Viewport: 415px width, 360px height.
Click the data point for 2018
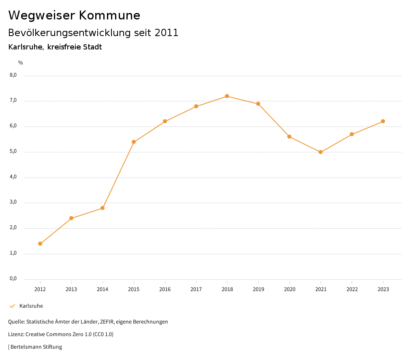pos(227,96)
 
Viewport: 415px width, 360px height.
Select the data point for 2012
pos(40,244)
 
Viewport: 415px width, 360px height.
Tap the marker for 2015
pos(134,142)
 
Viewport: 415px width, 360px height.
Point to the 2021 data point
pos(321,152)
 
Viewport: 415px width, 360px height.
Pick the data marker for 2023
pos(383,121)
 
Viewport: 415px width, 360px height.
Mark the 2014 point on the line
pos(103,208)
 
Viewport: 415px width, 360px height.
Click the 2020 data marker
pos(289,137)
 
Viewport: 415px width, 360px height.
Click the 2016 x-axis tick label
pos(165,289)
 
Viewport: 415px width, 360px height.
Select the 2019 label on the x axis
pos(258,289)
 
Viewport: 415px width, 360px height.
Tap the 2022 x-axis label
pos(352,289)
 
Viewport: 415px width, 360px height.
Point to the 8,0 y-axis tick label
pos(13,75)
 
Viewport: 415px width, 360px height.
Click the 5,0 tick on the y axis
pos(13,152)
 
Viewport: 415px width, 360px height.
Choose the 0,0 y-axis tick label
pos(13,279)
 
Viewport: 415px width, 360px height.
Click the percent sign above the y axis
pos(21,63)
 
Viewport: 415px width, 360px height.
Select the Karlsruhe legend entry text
pos(31,306)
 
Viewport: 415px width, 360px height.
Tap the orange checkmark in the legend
pos(12,306)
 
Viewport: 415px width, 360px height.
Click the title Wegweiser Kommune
pos(74,15)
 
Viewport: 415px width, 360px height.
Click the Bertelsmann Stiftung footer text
pos(36,347)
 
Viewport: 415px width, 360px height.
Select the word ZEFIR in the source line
pos(107,322)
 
